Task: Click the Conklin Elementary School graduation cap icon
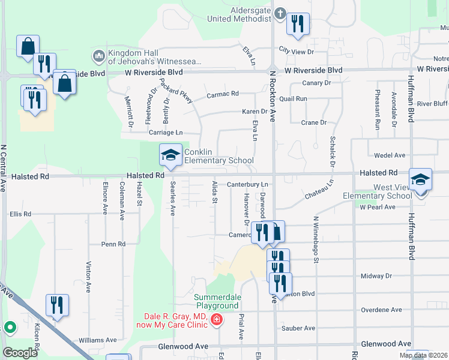click(170, 155)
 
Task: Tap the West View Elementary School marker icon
click(421, 179)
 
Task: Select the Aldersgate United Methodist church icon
click(280, 13)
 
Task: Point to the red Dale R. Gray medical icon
click(216, 322)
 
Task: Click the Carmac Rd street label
click(223, 94)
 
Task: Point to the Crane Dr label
click(313, 122)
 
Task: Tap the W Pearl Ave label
click(378, 207)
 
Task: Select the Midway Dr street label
click(376, 276)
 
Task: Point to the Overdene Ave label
click(381, 310)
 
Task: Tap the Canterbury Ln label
click(246, 184)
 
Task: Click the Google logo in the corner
click(20, 353)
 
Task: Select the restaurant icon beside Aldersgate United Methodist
click(298, 24)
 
